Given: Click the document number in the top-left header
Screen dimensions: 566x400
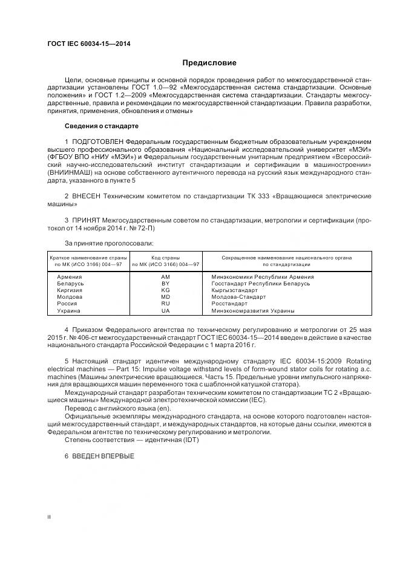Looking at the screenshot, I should coord(88,44).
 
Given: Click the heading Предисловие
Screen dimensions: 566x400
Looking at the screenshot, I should coord(209,63).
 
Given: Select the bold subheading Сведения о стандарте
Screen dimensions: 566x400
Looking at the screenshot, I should coord(101,126).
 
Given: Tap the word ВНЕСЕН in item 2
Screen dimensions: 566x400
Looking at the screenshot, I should coord(88,197).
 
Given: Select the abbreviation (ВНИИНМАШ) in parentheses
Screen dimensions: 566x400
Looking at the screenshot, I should coord(68,172).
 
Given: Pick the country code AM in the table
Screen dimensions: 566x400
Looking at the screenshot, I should coord(165,276).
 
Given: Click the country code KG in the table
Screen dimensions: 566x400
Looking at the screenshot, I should coord(165,290).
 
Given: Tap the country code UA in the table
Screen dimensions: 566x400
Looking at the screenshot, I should coord(165,311).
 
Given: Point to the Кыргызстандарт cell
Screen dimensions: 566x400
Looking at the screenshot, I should coord(235,290).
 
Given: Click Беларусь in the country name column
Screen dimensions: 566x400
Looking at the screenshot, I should coord(70,283).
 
